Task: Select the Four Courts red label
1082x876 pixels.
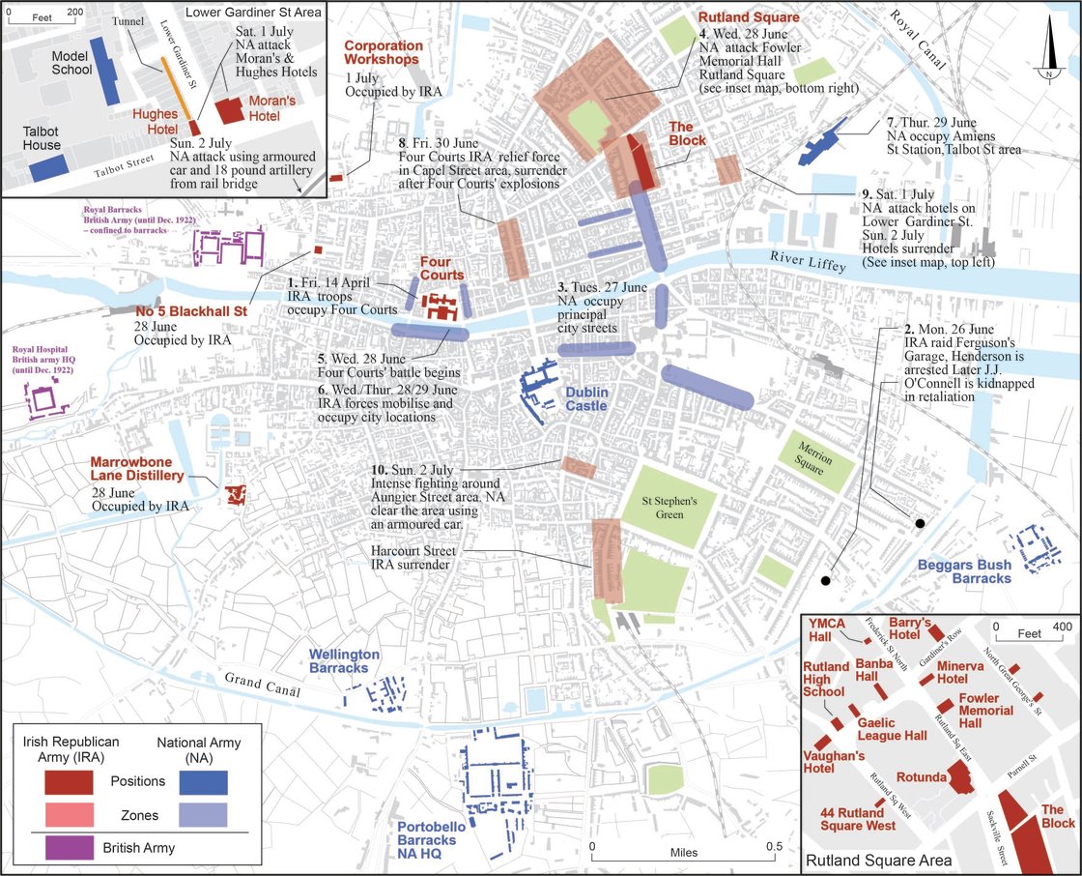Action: point(441,268)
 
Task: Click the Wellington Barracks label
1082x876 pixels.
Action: point(345,661)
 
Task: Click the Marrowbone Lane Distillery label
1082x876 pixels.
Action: point(136,469)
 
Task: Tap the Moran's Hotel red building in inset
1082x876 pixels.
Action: point(229,109)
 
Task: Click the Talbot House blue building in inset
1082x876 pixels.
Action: point(55,168)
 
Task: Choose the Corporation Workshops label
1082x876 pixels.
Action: point(384,52)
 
